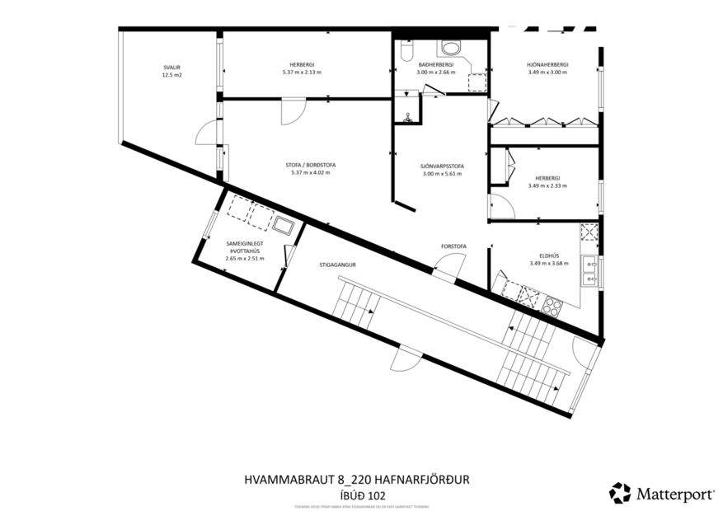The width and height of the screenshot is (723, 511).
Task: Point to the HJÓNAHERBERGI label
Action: (x=548, y=64)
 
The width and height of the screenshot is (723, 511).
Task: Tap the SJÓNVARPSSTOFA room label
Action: (x=441, y=166)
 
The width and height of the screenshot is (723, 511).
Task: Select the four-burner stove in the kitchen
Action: (x=551, y=307)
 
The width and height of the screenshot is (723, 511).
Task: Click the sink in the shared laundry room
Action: (x=285, y=225)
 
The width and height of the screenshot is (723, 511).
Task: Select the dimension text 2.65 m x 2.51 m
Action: (x=244, y=258)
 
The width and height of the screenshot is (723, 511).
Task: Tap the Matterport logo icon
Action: (x=619, y=493)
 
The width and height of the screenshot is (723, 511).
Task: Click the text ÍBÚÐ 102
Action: (x=361, y=495)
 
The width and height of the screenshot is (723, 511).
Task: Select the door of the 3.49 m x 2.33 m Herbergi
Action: (x=497, y=204)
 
